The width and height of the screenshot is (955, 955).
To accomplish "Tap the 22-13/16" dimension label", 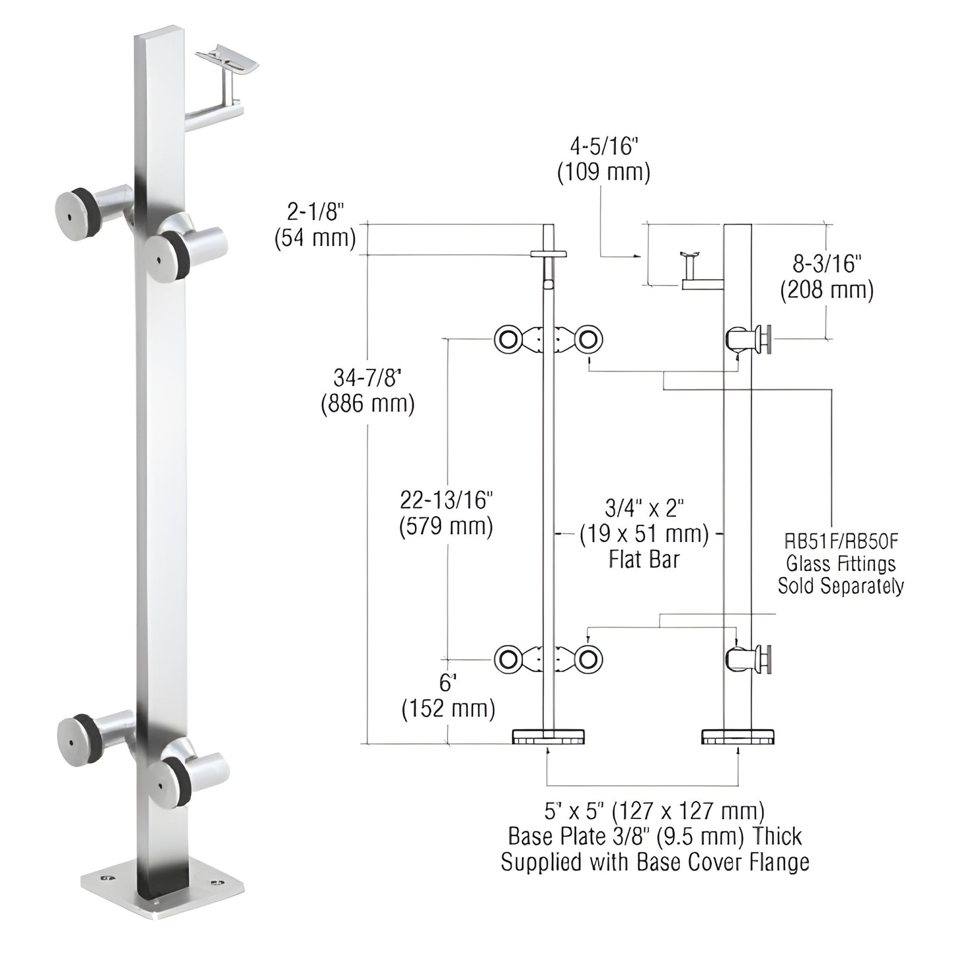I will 447,500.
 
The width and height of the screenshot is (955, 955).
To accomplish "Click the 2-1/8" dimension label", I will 315,212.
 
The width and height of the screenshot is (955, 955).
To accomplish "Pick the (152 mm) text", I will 448,709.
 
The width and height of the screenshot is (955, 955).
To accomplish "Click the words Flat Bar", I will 644,560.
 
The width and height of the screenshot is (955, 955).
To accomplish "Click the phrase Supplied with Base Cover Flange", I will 654,862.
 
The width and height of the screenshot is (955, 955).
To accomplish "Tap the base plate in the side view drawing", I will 738,736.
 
